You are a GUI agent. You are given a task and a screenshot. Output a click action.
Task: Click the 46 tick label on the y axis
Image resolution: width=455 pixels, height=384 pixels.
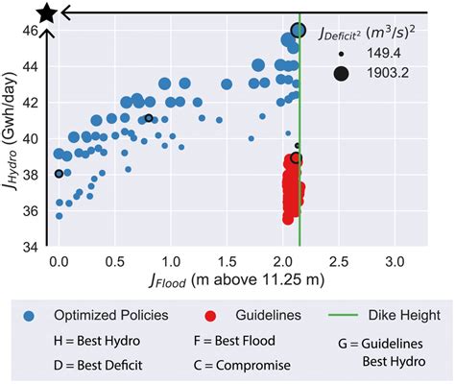33,31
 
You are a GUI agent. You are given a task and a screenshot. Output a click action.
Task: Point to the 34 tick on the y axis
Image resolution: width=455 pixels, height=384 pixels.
33,246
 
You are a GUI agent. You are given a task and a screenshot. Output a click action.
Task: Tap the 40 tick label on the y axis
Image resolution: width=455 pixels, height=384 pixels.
33,138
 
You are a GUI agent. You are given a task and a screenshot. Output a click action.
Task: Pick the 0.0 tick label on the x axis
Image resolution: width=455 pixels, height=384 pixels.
60,261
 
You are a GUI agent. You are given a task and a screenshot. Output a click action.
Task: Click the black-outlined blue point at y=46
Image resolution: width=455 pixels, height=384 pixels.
299,30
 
